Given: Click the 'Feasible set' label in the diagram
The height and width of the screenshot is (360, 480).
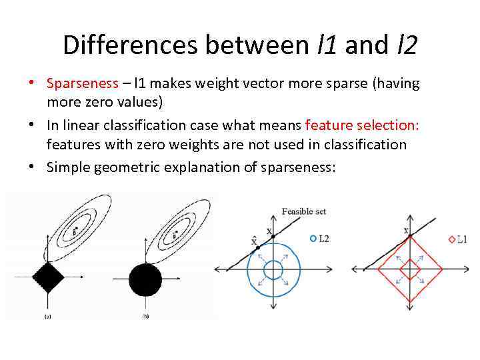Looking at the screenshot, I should pos(304,211).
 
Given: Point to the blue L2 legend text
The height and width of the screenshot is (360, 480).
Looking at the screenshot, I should pos(324,238).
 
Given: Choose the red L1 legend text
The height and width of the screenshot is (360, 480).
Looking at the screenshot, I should pos(461,239).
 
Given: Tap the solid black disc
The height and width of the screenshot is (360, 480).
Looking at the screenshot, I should pos(145,279).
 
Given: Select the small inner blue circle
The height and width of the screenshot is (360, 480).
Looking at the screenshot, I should pos(273,269).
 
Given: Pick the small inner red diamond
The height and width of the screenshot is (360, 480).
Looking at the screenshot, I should pos(409,269).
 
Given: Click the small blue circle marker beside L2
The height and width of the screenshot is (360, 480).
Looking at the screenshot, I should pos(314,238).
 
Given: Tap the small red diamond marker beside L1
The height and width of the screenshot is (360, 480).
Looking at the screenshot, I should pos(451,239).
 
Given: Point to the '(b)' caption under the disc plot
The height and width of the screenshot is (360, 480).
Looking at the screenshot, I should pos(145,317).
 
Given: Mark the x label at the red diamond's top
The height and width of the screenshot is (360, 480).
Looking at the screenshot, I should pos(406,231).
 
